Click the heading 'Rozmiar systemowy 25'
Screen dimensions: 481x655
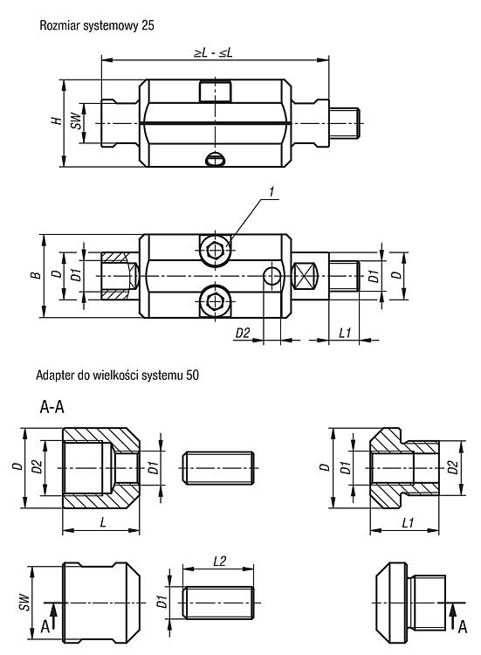point(97,25)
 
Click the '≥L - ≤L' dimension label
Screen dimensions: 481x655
point(213,52)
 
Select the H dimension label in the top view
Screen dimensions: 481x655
point(57,121)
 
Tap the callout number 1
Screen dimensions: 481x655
point(271,192)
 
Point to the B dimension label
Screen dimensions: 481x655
point(37,275)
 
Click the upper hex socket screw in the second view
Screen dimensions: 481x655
point(216,251)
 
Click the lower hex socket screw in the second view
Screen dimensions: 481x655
point(216,300)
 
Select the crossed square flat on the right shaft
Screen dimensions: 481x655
point(305,276)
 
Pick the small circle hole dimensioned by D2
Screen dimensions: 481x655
point(272,276)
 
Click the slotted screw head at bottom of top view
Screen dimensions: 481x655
point(216,160)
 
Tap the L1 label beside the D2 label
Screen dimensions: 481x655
point(345,333)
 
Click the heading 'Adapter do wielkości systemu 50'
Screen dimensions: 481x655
point(117,376)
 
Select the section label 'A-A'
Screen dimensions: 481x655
point(52,406)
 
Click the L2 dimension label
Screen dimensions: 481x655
point(219,561)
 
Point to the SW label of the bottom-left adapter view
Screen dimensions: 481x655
point(25,603)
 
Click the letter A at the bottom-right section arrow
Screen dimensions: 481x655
point(462,626)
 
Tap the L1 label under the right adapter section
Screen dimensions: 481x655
point(408,522)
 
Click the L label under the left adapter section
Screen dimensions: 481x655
point(103,522)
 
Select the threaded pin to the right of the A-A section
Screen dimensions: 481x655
point(218,468)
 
